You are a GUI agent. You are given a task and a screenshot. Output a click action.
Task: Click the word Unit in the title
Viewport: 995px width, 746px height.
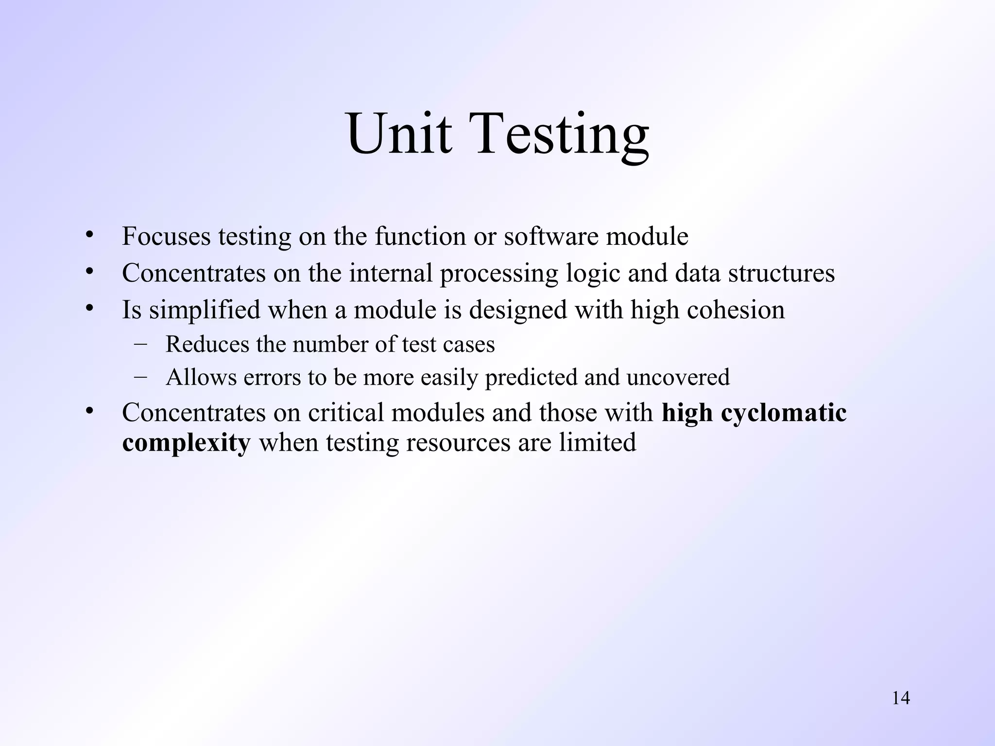tap(399, 134)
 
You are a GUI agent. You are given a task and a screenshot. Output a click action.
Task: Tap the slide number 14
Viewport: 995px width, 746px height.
tap(901, 698)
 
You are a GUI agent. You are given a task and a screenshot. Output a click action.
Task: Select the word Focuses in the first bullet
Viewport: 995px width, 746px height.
tap(166, 237)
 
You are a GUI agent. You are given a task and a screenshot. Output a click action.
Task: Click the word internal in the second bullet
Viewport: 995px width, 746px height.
tap(391, 273)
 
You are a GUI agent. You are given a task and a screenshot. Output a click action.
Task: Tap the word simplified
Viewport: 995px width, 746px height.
tap(205, 309)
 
